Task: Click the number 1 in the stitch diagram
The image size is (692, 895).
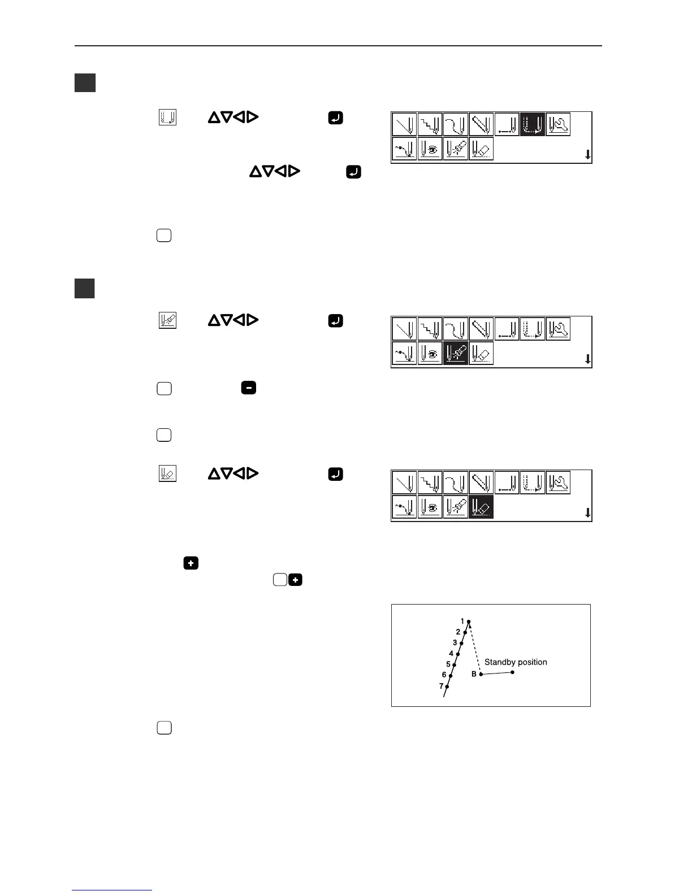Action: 462,622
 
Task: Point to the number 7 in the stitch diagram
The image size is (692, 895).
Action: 442,686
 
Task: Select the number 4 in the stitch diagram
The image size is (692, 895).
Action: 451,654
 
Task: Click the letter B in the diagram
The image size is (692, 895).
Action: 474,674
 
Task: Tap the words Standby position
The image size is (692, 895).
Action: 516,662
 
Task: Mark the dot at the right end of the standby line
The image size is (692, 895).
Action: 512,672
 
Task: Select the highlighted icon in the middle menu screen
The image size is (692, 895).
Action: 456,354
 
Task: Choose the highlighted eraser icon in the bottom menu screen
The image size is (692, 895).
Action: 481,507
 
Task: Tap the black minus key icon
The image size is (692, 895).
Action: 249,388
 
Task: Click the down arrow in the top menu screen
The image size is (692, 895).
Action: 587,154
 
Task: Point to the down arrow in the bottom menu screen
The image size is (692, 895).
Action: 587,512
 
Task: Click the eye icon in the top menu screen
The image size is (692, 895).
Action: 430,149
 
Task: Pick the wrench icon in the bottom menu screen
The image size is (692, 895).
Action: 558,483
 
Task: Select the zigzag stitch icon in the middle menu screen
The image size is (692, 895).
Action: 430,329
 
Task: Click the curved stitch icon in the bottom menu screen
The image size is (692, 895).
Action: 456,483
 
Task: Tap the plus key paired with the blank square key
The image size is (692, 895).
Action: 295,580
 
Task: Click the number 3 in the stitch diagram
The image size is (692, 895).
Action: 455,643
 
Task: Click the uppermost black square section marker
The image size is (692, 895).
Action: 85,82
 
